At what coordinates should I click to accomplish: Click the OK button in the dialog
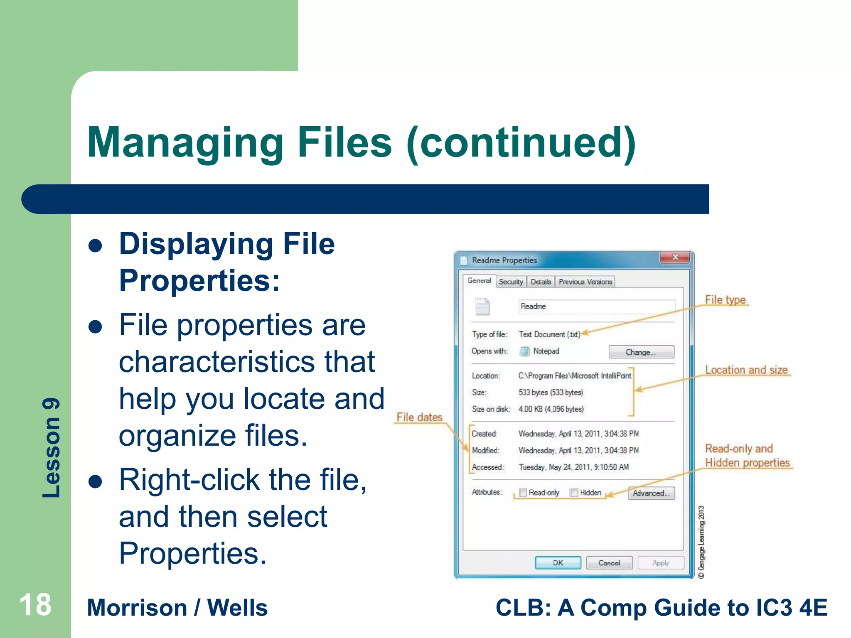(558, 563)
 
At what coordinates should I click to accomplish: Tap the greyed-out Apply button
(660, 563)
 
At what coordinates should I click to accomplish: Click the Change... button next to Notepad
(641, 352)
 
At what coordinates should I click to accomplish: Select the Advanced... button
(651, 493)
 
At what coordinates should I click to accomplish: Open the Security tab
(511, 282)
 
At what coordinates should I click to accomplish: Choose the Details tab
(541, 282)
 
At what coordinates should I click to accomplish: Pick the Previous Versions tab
(585, 282)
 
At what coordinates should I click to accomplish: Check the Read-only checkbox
(523, 493)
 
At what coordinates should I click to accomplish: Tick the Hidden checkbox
(574, 493)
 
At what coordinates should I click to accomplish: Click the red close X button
(675, 257)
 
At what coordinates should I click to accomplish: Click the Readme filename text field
(596, 307)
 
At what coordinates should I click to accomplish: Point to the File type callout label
(725, 299)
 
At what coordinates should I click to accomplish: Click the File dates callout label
(419, 417)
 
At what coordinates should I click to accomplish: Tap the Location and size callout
(746, 370)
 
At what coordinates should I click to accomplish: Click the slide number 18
(35, 605)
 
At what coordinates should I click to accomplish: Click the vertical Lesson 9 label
(52, 447)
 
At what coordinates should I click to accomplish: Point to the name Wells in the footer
(237, 608)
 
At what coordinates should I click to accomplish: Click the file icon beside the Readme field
(482, 307)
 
